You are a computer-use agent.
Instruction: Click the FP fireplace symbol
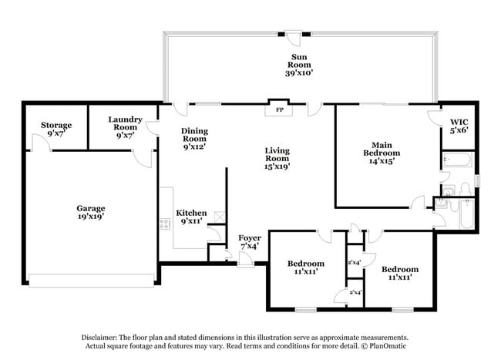[277, 109]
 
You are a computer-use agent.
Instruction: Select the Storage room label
[56, 130]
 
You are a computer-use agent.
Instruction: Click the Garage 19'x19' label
[90, 212]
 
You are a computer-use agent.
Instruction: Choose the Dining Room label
[194, 139]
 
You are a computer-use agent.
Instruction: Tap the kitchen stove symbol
[164, 224]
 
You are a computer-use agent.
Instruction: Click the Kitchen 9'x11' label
[192, 217]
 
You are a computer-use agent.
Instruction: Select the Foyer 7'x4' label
[248, 242]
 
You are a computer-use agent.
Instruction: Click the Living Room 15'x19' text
[277, 158]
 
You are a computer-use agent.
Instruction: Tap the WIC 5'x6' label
[459, 126]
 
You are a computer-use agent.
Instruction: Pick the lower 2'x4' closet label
[355, 294]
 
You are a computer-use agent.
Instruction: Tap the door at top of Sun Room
[294, 33]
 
